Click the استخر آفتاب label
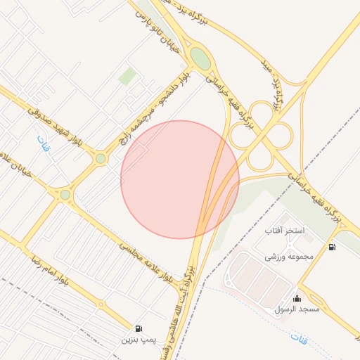click(x=284, y=230)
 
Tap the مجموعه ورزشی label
click(x=288, y=257)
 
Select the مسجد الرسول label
click(x=298, y=309)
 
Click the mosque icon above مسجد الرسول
click(x=297, y=297)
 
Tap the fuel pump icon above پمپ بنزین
click(x=139, y=328)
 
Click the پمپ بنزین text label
click(x=136, y=340)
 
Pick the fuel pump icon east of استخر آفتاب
click(x=331, y=247)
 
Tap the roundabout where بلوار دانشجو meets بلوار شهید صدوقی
click(x=101, y=159)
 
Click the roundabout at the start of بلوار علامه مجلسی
click(x=65, y=195)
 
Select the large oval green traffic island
click(x=200, y=58)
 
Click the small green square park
click(x=127, y=76)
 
